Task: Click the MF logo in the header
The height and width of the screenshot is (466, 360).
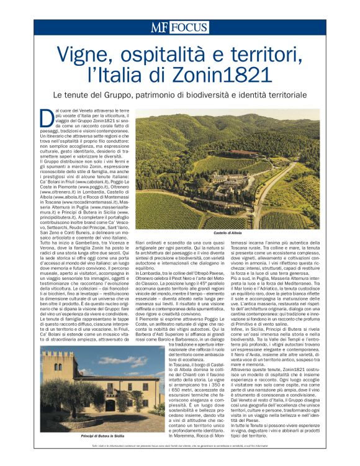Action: pyautogui.click(x=160, y=27)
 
